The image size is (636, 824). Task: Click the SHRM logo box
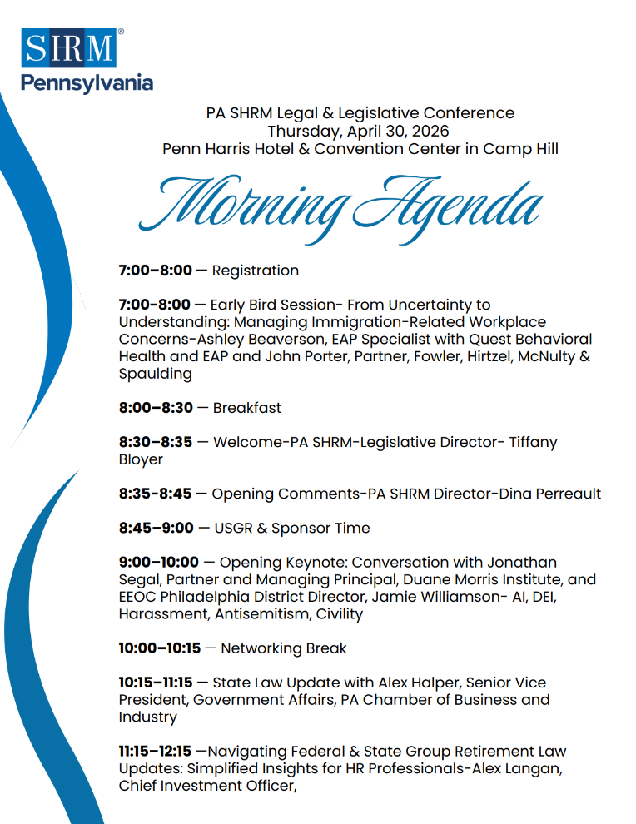click(x=69, y=48)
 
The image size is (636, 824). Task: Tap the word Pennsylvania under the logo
click(x=87, y=83)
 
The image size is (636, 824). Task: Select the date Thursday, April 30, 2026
click(x=358, y=131)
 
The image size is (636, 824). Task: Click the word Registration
click(x=256, y=271)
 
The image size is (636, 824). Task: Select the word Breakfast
click(x=247, y=408)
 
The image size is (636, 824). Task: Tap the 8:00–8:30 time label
click(x=156, y=408)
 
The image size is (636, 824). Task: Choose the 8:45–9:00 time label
click(x=157, y=528)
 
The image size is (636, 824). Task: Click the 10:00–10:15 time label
click(x=160, y=648)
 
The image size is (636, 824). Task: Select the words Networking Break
click(x=284, y=648)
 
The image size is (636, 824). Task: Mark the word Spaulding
click(x=156, y=374)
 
